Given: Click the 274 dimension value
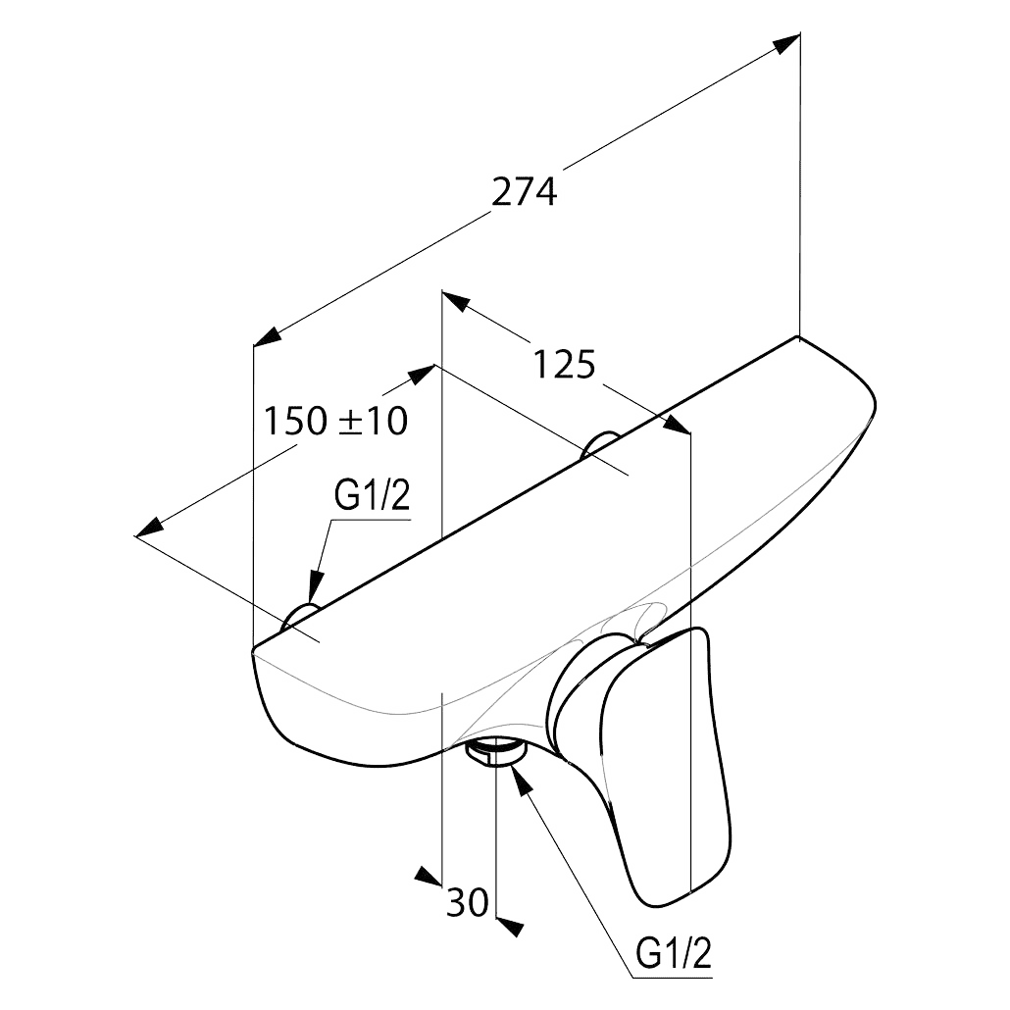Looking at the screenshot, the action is pyautogui.click(x=525, y=191).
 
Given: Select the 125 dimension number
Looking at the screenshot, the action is pyautogui.click(x=564, y=365).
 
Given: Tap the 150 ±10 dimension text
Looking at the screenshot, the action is pyautogui.click(x=336, y=422).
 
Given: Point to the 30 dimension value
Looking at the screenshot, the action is pyautogui.click(x=467, y=902).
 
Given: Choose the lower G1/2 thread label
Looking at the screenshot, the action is pyautogui.click(x=674, y=954).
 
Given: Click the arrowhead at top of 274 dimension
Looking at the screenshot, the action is pyautogui.click(x=785, y=43).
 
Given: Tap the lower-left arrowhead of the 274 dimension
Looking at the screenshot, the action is pyautogui.click(x=268, y=337).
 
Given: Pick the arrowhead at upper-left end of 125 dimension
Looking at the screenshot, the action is pyautogui.click(x=455, y=300).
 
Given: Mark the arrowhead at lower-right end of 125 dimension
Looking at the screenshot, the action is pyautogui.click(x=677, y=425).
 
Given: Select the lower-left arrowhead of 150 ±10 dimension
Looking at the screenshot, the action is pyautogui.click(x=150, y=527).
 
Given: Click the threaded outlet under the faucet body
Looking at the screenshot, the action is pyautogui.click(x=495, y=752).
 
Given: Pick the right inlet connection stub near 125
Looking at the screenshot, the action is pyautogui.click(x=600, y=444).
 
